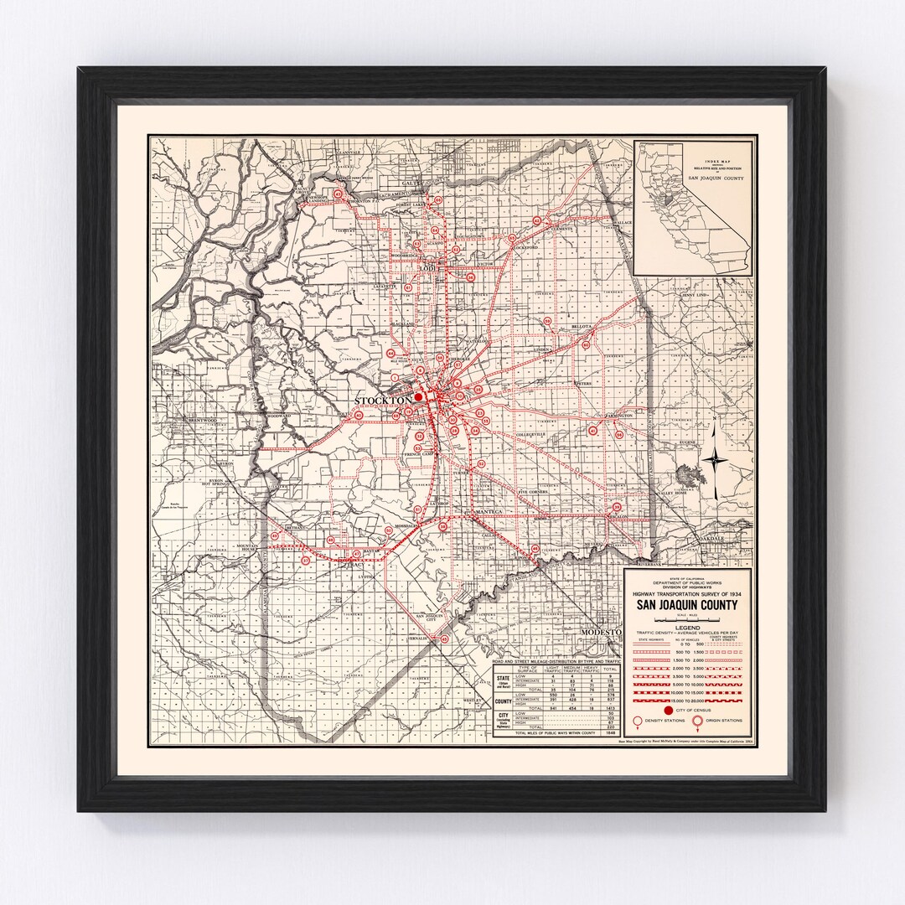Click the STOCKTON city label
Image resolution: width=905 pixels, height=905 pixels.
click(x=383, y=400)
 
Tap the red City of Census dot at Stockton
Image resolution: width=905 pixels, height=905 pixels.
click(x=418, y=398)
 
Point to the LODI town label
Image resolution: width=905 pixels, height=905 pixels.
click(x=430, y=268)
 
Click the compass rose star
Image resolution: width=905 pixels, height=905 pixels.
click(x=715, y=458)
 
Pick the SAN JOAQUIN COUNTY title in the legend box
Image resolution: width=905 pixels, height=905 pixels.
click(x=687, y=606)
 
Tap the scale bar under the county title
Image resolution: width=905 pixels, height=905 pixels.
click(x=687, y=618)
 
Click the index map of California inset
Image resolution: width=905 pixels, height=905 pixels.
click(x=693, y=208)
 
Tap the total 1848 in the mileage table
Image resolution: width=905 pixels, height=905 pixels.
click(x=610, y=732)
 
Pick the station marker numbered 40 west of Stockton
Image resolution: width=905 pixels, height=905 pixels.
click(x=358, y=415)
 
